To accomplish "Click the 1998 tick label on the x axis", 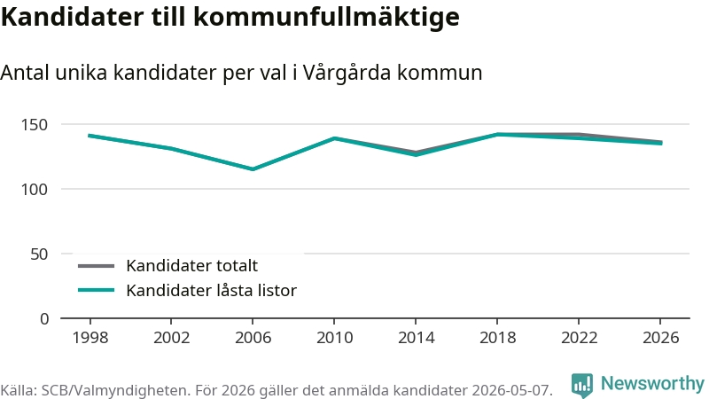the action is pyautogui.click(x=90, y=338).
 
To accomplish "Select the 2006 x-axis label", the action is pyautogui.click(x=253, y=338).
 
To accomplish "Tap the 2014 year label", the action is pyautogui.click(x=416, y=338).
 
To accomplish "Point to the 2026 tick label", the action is pyautogui.click(x=660, y=338).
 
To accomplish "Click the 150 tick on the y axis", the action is pyautogui.click(x=35, y=125).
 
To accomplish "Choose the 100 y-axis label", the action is pyautogui.click(x=35, y=190).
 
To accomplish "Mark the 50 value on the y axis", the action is pyautogui.click(x=39, y=254).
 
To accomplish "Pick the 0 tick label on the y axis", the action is pyautogui.click(x=43, y=319).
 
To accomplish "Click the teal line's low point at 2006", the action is pyautogui.click(x=253, y=169).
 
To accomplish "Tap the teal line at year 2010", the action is pyautogui.click(x=334, y=138).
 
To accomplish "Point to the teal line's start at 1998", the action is pyautogui.click(x=90, y=136).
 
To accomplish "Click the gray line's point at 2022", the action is pyautogui.click(x=579, y=135).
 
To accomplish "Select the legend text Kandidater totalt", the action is pyautogui.click(x=191, y=265).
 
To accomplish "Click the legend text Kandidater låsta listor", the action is pyautogui.click(x=211, y=291).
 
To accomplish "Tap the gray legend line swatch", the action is pyautogui.click(x=96, y=266).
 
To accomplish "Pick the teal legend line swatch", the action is pyautogui.click(x=96, y=290).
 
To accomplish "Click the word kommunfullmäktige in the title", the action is pyautogui.click(x=326, y=17).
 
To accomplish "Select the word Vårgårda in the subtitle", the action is pyautogui.click(x=347, y=73).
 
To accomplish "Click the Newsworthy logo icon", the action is pyautogui.click(x=582, y=385).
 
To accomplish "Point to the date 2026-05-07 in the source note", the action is pyautogui.click(x=512, y=390).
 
